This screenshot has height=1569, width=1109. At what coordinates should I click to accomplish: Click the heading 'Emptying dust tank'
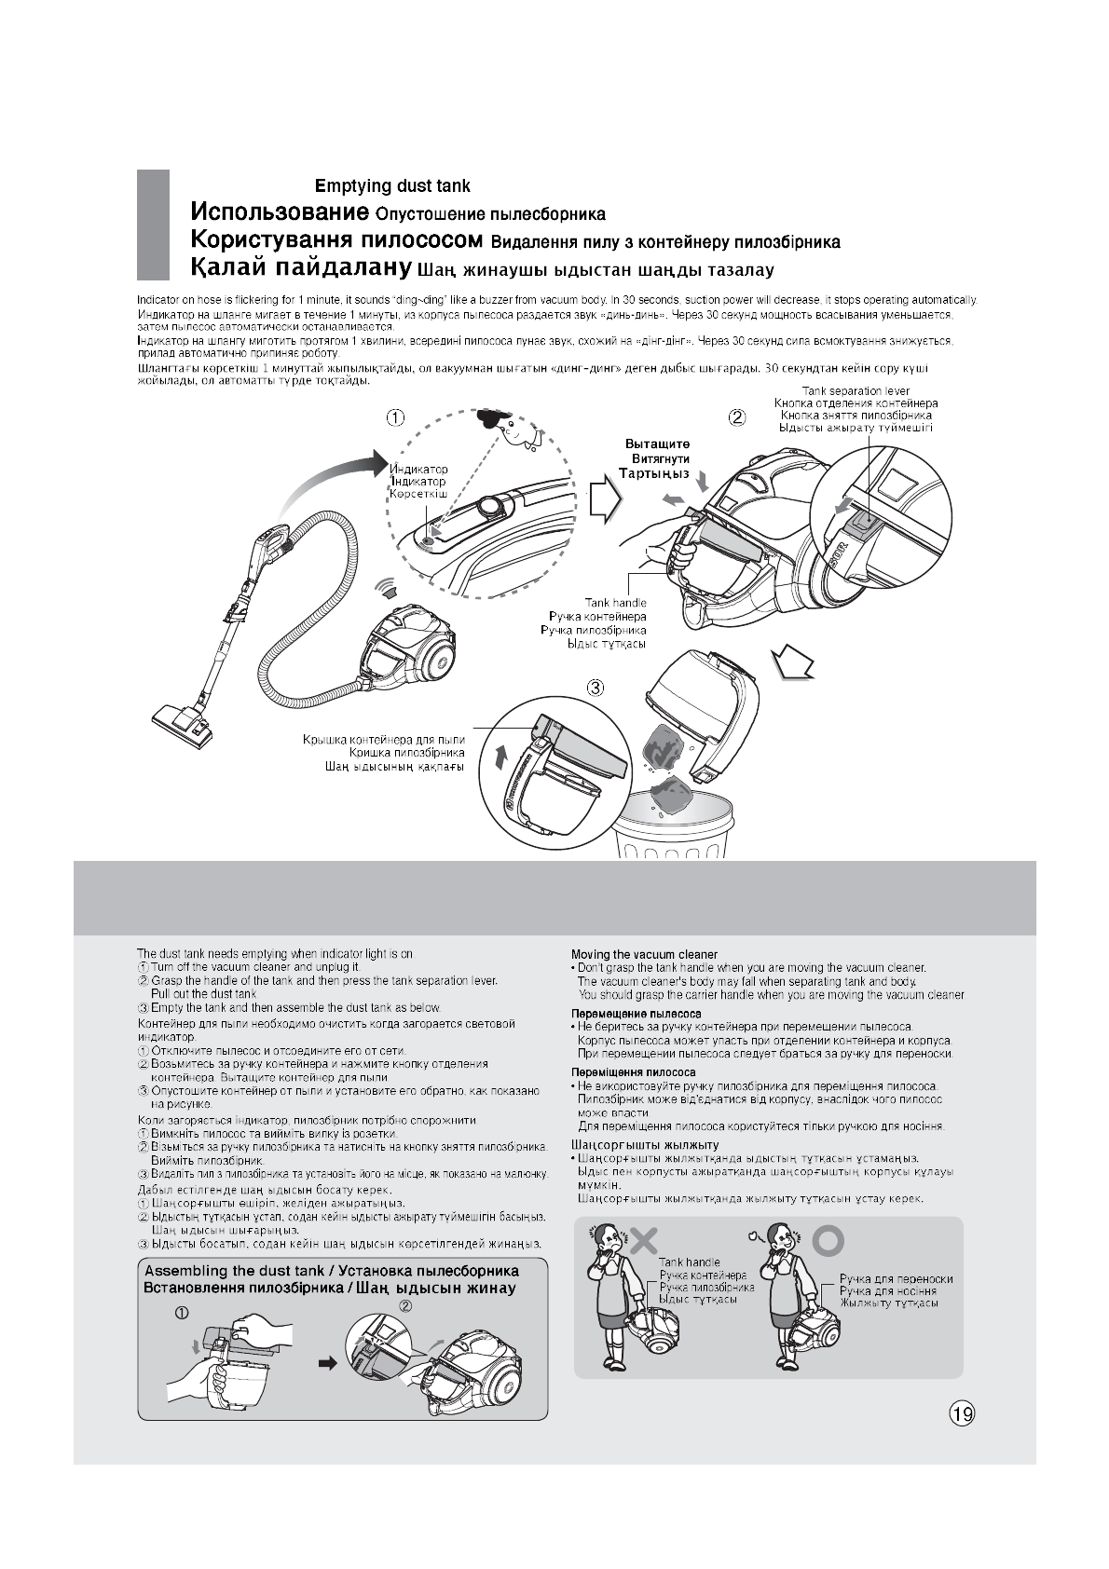pos(392,186)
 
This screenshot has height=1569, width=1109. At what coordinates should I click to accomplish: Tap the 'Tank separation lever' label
pos(856,391)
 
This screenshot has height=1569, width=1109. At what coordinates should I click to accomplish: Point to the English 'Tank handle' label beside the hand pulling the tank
pos(615,604)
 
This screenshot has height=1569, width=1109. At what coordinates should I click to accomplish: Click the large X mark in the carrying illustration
pos(644,1239)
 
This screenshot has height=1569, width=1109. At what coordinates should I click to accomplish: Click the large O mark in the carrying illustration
pos(828,1240)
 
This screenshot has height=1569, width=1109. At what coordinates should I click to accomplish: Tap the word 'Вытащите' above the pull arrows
pos(656,443)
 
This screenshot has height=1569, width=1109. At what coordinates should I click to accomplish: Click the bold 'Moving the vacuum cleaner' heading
pos(644,954)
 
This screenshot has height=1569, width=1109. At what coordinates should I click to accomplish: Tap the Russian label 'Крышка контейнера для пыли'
pos(384,740)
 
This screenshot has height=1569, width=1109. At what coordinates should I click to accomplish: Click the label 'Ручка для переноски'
pos(896,1279)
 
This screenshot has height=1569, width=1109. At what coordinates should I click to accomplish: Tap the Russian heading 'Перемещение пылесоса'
pos(636,1013)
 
